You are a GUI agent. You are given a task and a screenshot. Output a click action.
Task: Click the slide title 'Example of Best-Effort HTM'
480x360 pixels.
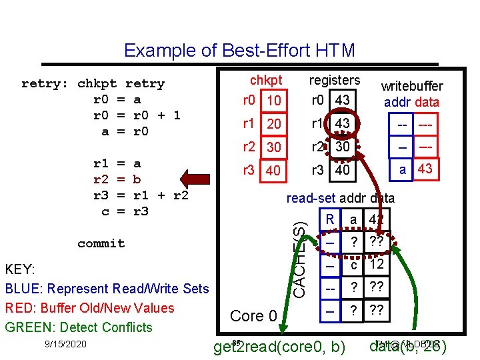pyautogui.click(x=239, y=51)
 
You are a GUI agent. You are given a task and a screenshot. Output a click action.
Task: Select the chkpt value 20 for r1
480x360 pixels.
pyautogui.click(x=273, y=125)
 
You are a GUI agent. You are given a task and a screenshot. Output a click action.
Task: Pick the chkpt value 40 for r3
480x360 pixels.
pyautogui.click(x=273, y=171)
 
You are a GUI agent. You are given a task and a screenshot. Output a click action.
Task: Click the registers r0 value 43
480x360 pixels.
pyautogui.click(x=343, y=100)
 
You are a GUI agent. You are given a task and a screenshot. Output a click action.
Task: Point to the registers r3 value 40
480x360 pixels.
pyautogui.click(x=343, y=170)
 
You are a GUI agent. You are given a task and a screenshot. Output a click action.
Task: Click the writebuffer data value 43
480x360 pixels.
pyautogui.click(x=425, y=169)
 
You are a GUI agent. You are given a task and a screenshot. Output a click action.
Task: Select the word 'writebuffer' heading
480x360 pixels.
pyautogui.click(x=411, y=87)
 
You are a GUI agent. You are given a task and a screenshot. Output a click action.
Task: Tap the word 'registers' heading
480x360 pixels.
pyautogui.click(x=334, y=80)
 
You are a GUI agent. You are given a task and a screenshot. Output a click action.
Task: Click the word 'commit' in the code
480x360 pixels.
pyautogui.click(x=101, y=243)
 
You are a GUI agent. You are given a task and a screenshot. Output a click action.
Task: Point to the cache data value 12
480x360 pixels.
pyautogui.click(x=376, y=265)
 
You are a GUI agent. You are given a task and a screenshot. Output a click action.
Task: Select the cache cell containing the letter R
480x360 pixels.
pyautogui.click(x=329, y=219)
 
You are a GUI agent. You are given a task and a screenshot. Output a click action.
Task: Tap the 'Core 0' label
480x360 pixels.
pyautogui.click(x=253, y=315)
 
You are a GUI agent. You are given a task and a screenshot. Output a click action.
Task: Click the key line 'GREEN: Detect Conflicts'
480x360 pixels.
pyautogui.click(x=79, y=327)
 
